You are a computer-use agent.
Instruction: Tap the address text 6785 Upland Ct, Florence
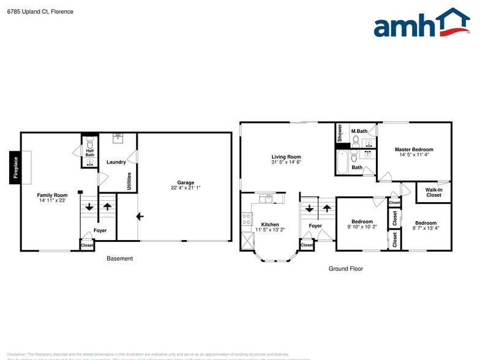(x=40, y=11)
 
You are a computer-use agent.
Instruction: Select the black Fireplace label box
(x=15, y=167)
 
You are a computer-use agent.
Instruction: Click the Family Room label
(x=52, y=195)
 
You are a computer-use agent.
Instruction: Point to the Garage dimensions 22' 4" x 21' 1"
(x=186, y=188)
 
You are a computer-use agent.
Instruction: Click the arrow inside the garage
(x=140, y=216)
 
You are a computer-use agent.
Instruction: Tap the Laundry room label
(x=116, y=162)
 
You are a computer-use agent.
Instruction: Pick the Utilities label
(x=129, y=181)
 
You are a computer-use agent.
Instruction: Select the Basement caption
(x=119, y=258)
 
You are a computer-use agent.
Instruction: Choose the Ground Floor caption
(x=346, y=268)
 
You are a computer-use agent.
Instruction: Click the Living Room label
(x=286, y=157)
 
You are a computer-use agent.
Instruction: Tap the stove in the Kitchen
(x=247, y=219)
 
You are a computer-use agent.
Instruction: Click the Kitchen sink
(x=266, y=198)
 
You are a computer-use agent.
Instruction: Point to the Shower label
(x=340, y=133)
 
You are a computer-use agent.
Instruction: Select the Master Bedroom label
(x=414, y=149)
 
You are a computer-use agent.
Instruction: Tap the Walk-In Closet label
(x=433, y=192)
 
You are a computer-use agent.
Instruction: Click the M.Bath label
(x=359, y=131)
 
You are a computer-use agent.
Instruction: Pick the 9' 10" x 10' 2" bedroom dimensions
(x=362, y=227)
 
